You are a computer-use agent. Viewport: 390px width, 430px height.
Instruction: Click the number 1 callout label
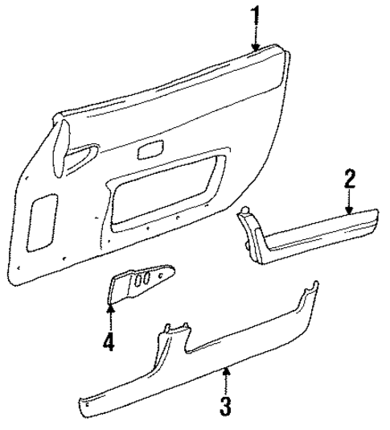[x=255, y=15]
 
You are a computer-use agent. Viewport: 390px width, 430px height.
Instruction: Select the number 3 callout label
[x=228, y=403]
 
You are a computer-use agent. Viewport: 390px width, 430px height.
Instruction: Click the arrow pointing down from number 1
[x=256, y=40]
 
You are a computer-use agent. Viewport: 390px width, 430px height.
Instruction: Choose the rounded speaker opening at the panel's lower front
[x=40, y=221]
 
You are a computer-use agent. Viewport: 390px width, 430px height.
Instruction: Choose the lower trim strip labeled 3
[x=201, y=354]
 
